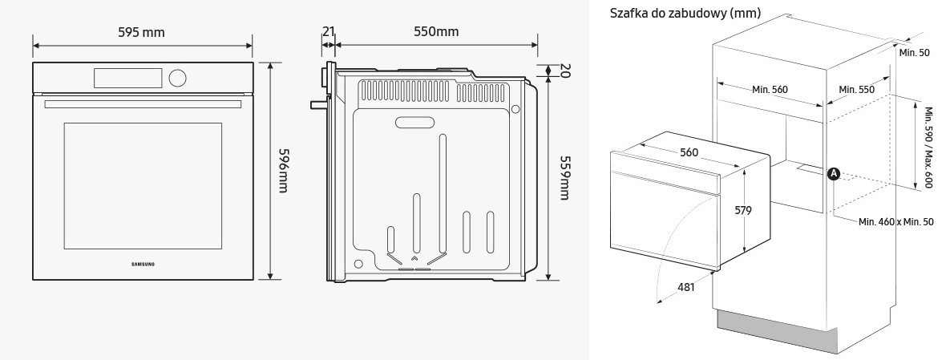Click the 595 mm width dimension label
141,32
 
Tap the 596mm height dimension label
282,170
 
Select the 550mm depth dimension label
436,31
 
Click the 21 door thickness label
329,31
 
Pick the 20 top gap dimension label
564,71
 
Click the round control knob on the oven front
177,78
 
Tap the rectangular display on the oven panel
127,78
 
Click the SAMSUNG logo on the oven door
144,264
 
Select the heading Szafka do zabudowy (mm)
685,14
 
